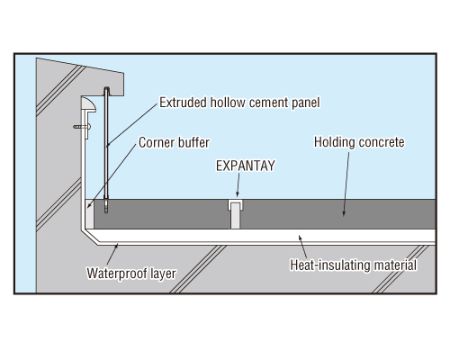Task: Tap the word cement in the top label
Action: click(264, 103)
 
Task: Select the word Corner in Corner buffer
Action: click(155, 142)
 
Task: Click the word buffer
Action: click(192, 142)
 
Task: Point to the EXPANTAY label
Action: click(246, 166)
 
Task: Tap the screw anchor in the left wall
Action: click(82, 127)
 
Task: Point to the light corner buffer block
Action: click(89, 213)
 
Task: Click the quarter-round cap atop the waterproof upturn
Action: click(89, 104)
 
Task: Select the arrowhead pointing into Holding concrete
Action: click(344, 213)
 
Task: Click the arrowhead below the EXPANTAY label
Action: click(238, 194)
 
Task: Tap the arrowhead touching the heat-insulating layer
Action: click(300, 238)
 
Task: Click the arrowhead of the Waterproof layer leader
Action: click(117, 247)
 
